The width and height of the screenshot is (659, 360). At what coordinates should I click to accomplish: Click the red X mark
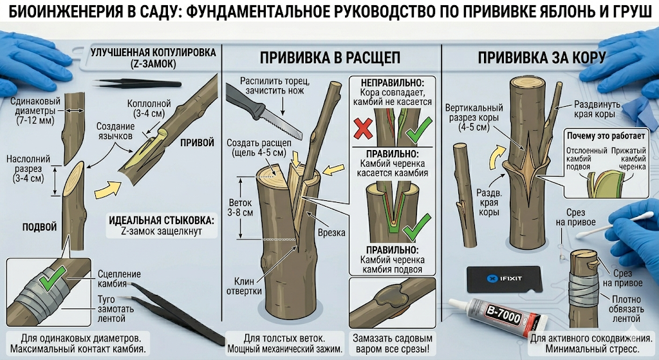point(363,128)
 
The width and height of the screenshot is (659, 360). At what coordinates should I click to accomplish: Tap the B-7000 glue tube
point(499,316)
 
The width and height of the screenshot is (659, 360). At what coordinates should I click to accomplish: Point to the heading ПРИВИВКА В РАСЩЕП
point(330,57)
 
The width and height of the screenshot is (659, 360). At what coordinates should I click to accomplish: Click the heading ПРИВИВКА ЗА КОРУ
point(542,57)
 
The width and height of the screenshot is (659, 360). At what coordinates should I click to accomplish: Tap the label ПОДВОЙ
point(39,227)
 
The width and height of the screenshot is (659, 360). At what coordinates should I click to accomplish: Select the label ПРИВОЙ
point(197,142)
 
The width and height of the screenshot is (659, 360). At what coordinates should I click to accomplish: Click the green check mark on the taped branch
point(51,279)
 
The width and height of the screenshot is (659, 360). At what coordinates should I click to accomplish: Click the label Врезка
point(331,232)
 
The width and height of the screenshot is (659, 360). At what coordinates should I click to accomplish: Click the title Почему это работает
point(606,136)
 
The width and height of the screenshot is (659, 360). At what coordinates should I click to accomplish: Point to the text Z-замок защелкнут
point(162,231)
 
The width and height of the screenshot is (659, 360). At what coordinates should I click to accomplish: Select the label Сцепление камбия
point(119,279)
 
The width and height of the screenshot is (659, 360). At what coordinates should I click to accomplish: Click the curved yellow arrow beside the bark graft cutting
point(498,157)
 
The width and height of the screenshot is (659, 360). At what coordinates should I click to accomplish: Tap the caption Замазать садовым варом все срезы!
point(392,344)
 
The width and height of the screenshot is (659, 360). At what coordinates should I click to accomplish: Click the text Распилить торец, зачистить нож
point(275,86)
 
